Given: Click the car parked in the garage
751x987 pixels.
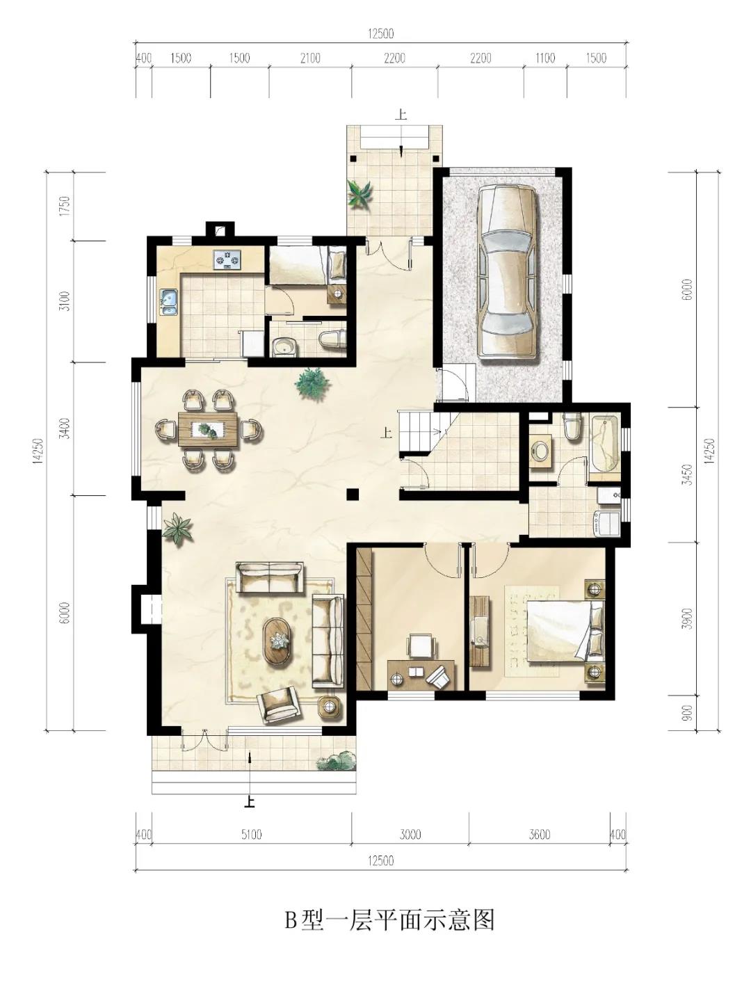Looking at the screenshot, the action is pos(507,273).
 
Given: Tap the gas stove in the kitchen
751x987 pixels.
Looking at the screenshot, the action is pos(227,259).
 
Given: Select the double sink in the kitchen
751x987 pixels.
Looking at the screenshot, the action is pos(169,302).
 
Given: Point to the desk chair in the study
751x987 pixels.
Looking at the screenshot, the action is pos(421,645).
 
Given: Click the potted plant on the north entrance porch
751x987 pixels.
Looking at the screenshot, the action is pos(360,194).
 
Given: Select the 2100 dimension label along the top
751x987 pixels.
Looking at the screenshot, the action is pos(310,58).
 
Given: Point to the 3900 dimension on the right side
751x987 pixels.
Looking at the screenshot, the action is pos(686,619).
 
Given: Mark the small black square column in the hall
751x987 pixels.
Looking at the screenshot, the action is pos(353,495).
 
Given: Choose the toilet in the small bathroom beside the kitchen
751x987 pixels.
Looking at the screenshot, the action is pos(332,339).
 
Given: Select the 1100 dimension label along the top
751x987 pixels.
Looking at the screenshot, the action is pos(545,58).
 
